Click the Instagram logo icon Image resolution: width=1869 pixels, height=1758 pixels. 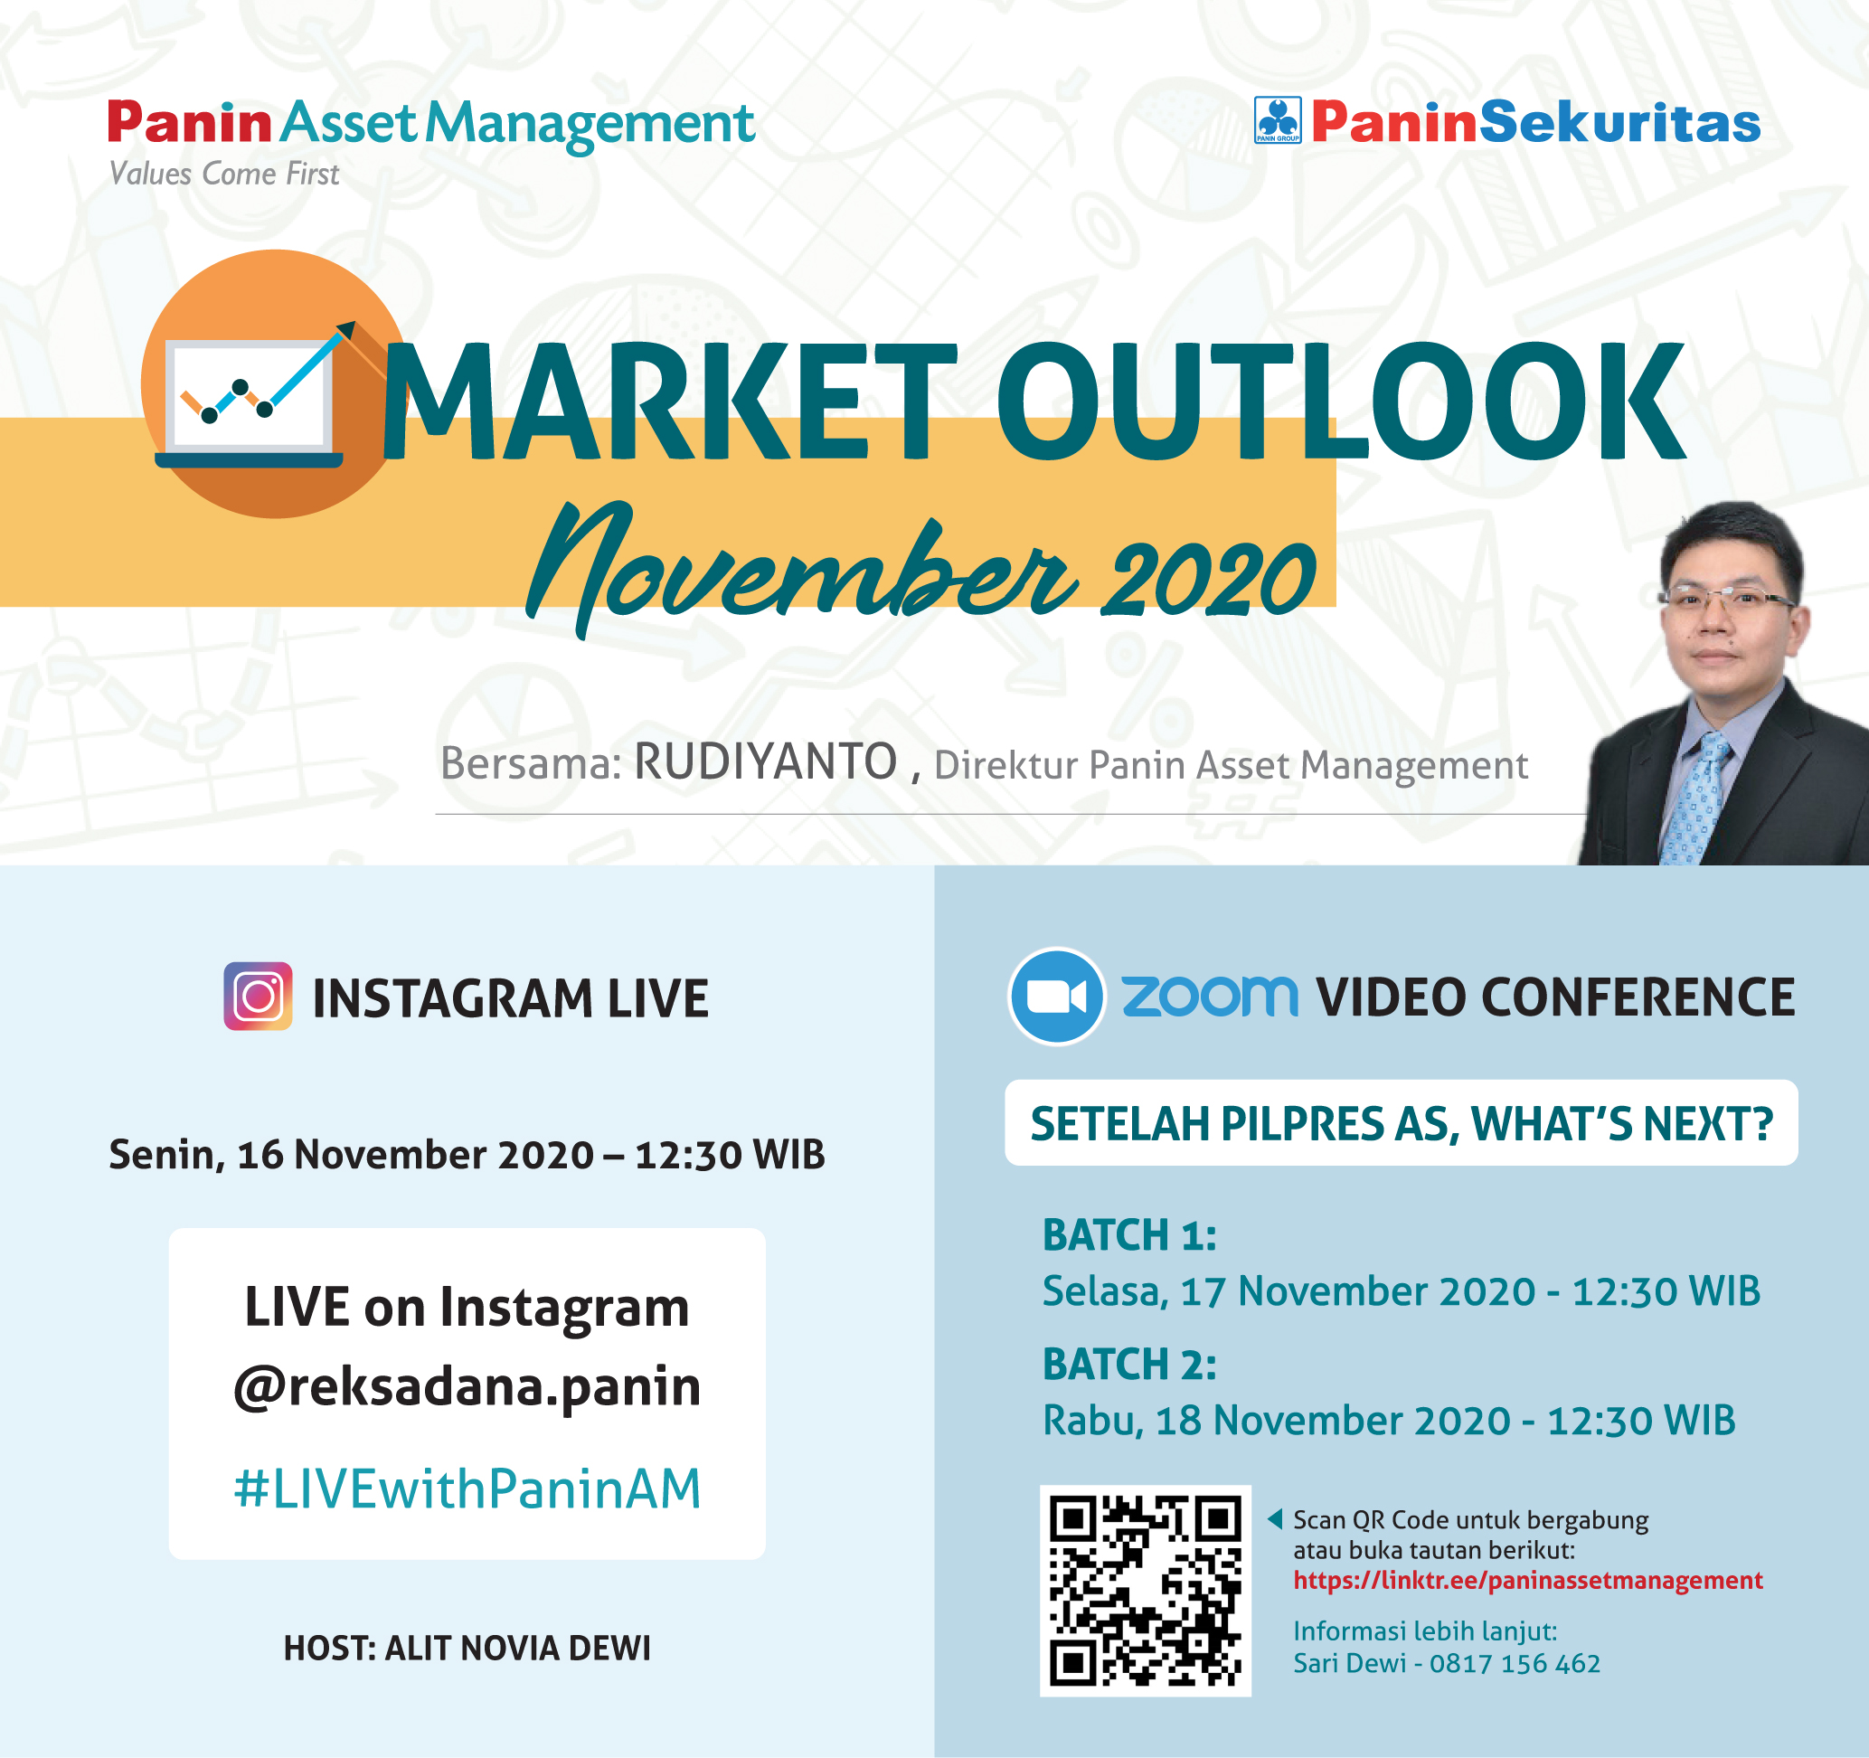tap(258, 996)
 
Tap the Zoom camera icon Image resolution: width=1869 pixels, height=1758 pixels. tap(1056, 996)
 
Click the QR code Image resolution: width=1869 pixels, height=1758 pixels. tap(1145, 1591)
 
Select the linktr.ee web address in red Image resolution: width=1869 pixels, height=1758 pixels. tap(1528, 1581)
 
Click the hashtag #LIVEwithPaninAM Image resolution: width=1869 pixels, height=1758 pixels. tap(467, 1489)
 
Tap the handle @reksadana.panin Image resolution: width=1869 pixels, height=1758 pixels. tap(467, 1385)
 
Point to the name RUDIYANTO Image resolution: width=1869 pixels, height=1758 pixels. tap(765, 761)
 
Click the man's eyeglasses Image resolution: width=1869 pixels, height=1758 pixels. tap(1728, 598)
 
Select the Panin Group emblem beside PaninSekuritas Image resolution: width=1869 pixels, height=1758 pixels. tap(1278, 120)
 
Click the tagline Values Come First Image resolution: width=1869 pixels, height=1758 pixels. tap(223, 174)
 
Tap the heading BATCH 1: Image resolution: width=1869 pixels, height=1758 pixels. tap(1129, 1234)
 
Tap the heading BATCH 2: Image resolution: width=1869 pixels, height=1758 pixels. tap(1129, 1364)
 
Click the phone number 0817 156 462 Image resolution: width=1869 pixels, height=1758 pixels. tap(1515, 1663)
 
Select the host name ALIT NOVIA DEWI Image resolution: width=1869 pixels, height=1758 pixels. tap(517, 1648)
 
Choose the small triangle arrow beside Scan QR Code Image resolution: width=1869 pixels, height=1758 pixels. tap(1275, 1518)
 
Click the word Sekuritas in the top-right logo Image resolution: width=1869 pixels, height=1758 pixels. tap(1619, 122)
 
